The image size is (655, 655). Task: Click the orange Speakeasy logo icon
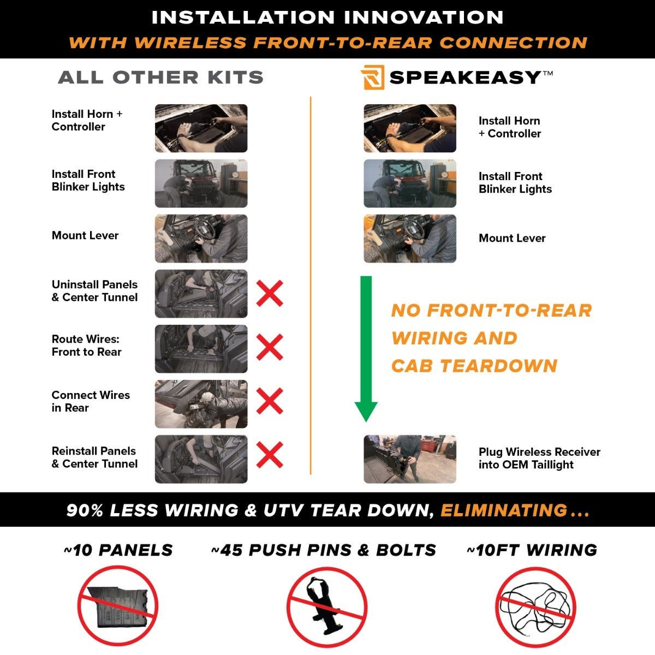point(372,77)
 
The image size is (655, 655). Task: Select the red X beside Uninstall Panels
point(270,293)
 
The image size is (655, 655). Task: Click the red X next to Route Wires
point(270,347)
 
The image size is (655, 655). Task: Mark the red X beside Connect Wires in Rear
point(270,401)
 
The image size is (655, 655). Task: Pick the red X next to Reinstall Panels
point(270,455)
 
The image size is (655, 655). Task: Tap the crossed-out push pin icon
point(327,607)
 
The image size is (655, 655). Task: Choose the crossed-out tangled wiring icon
point(535,607)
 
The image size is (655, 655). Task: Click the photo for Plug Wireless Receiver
point(410,459)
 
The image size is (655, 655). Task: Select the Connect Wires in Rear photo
point(201,404)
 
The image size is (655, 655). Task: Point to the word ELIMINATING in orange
point(504,510)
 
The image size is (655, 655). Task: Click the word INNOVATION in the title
point(424,17)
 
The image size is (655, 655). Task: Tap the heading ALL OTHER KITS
point(161,77)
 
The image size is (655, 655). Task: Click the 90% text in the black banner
point(84,510)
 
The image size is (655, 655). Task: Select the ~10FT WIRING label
point(532,550)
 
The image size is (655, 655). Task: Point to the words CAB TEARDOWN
point(474,366)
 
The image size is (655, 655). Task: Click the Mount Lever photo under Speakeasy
point(410,239)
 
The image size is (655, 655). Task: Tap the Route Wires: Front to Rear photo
point(201,349)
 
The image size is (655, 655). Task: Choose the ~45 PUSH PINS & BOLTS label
point(323,550)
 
